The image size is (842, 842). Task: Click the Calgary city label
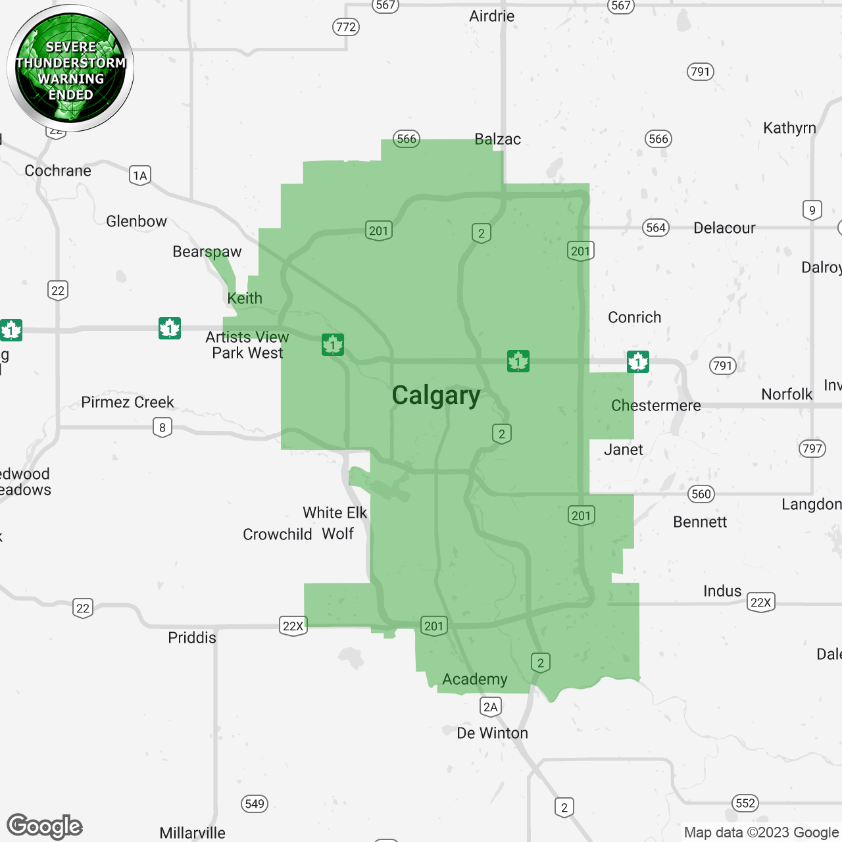tap(436, 395)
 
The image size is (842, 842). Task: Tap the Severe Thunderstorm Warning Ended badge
tap(70, 69)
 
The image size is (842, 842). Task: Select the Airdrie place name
tap(491, 16)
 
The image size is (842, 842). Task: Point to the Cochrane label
tap(58, 170)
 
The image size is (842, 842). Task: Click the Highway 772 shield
tap(346, 27)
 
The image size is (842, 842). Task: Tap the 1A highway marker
tap(139, 175)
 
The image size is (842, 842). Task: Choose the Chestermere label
tap(656, 405)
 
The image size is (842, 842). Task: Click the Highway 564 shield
tap(656, 228)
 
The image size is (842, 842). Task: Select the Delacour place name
tap(724, 228)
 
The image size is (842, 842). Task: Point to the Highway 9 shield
tap(812, 210)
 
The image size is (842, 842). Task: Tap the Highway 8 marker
tap(162, 428)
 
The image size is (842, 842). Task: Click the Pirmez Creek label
tap(128, 402)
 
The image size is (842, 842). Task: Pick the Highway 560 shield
tap(701, 494)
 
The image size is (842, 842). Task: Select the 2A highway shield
tap(491, 706)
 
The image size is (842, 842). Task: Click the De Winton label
tap(492, 733)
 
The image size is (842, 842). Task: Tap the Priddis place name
tap(192, 637)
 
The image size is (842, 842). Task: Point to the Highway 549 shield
tap(255, 803)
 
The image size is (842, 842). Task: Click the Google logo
tap(45, 826)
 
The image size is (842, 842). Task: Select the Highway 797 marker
tap(812, 449)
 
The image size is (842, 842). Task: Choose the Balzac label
tap(497, 139)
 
